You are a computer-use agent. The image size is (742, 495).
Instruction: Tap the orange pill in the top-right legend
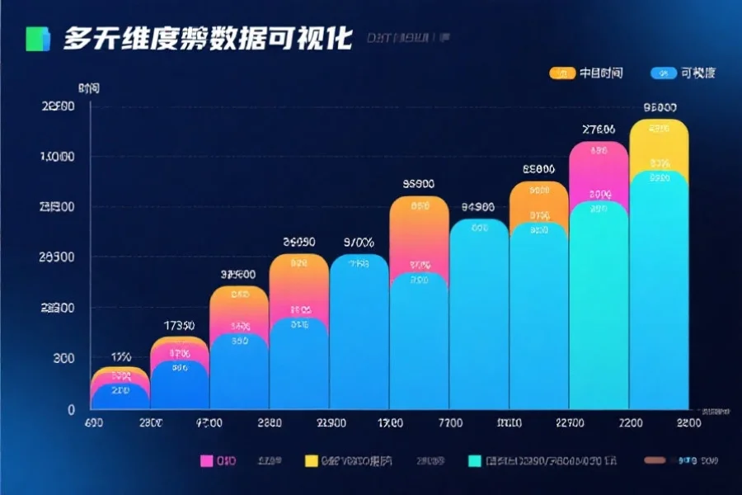pos(561,73)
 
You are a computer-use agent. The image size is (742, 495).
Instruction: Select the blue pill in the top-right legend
pos(663,73)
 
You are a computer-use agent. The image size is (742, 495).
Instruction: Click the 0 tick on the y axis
pos(71,409)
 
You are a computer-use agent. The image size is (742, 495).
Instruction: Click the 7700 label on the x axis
pos(450,423)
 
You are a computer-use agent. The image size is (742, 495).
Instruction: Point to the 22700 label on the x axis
pos(570,423)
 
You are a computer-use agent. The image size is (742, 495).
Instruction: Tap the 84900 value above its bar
pos(478,207)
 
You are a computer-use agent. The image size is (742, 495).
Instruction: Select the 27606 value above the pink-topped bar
pos(599,130)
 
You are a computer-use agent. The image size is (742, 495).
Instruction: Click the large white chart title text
pos(207,38)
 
